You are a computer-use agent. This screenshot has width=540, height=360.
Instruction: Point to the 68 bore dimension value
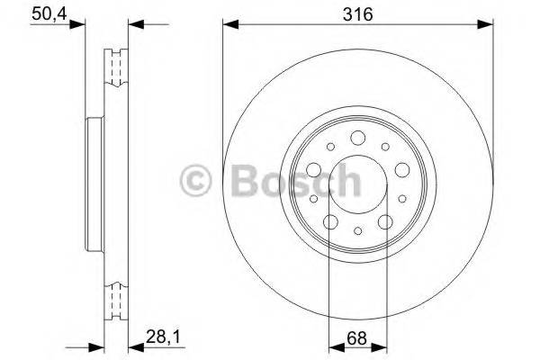[357, 339]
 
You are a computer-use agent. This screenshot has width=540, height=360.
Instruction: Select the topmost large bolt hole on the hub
[357, 137]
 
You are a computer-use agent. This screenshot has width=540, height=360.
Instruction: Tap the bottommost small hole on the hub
[357, 231]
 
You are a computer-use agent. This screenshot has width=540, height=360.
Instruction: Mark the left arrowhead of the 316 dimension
[228, 24]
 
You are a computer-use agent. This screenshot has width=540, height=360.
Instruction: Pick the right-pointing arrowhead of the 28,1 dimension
[94, 346]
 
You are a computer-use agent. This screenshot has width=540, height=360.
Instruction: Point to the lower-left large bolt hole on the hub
[330, 221]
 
